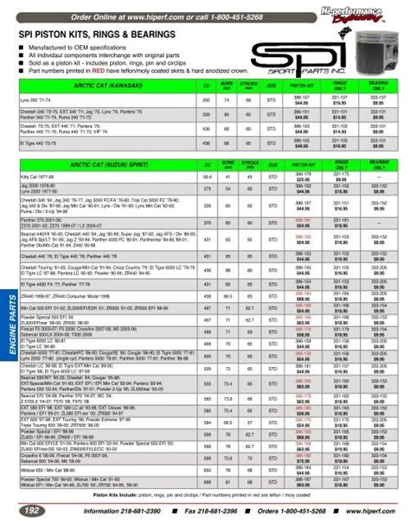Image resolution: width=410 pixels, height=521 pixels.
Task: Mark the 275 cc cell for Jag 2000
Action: click(x=206, y=186)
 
